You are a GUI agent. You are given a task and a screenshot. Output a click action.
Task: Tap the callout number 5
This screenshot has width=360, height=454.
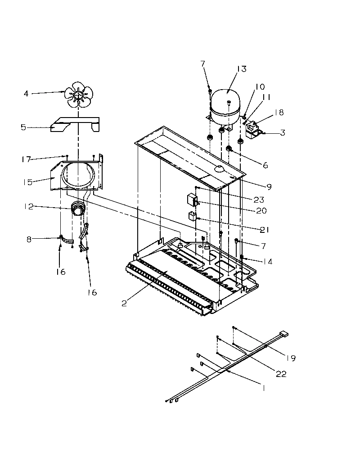point(23,127)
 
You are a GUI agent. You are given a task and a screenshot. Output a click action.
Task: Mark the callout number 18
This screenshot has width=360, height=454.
point(279,113)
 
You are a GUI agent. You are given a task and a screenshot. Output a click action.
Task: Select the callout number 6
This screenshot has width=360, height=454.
point(265,165)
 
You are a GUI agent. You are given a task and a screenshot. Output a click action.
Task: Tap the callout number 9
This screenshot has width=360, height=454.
point(269,186)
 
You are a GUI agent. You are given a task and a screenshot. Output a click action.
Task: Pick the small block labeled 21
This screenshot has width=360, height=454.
point(192,216)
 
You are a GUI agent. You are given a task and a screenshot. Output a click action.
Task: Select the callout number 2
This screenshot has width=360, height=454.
point(124,303)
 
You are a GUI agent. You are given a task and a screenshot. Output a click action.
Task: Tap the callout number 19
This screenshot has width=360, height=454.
point(291,359)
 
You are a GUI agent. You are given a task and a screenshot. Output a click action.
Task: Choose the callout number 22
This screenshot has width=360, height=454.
point(281,374)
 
